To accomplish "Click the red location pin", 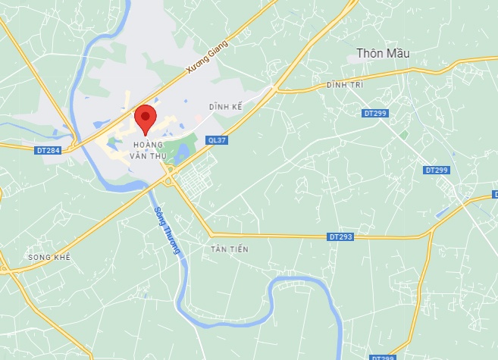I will tap(145, 120).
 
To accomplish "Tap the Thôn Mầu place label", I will tap(384, 54).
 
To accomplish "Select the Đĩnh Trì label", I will tap(345, 85).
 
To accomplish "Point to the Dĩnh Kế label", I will tap(227, 108).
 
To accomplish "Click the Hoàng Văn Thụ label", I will tap(148, 149).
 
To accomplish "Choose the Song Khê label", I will tap(49, 258).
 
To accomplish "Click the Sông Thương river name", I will tap(167, 230).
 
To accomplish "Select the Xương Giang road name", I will tap(206, 58).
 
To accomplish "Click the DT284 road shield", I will tap(47, 150).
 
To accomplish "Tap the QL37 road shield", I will tap(216, 139).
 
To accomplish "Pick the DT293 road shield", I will tap(341, 237).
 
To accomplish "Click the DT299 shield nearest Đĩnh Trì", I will tap(374, 113).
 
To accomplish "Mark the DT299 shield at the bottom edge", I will tap(383, 357).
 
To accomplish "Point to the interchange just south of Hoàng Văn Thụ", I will tap(168, 180).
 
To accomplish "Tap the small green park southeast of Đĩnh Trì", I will tap(404, 135).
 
